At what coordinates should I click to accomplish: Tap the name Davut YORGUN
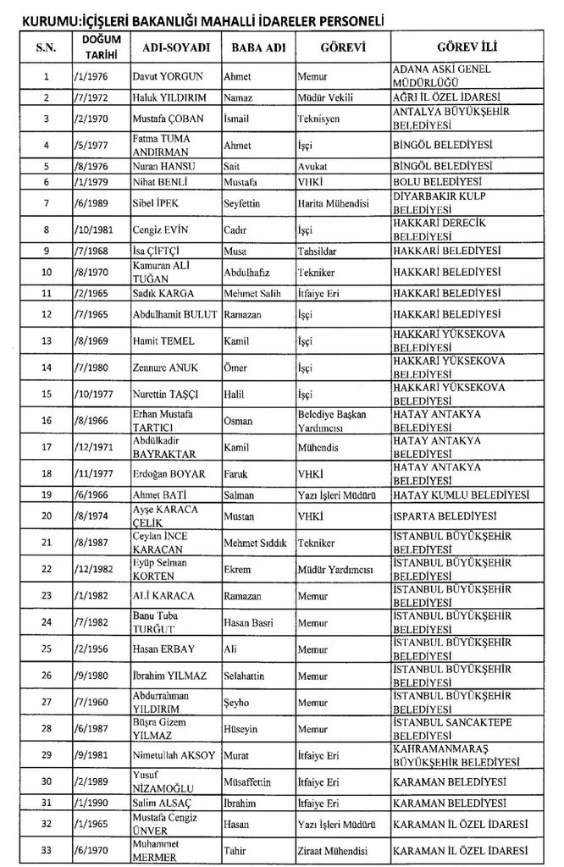point(169,76)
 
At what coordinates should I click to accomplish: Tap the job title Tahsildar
point(317,251)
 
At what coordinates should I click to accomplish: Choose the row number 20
point(47,516)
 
